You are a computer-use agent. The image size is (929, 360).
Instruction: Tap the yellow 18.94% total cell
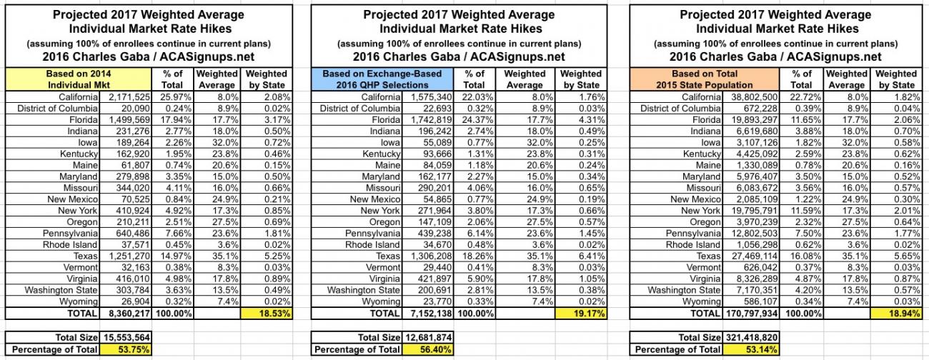coord(897,313)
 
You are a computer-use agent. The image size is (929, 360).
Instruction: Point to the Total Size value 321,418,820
coord(747,337)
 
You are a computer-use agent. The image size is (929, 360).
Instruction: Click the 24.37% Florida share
coord(475,120)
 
